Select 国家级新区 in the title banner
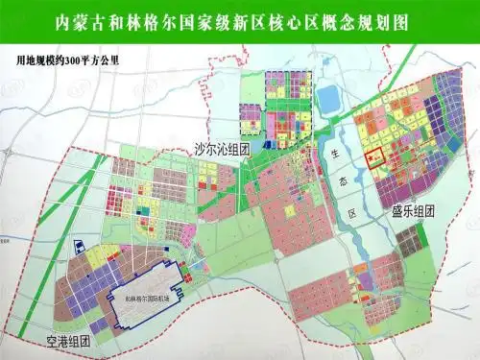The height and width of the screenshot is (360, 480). [231, 21]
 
